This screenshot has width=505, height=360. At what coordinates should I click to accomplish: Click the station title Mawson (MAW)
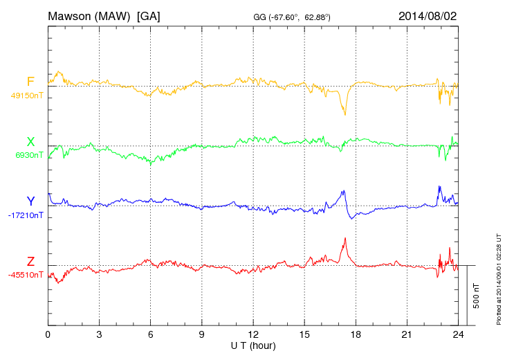(x=90, y=15)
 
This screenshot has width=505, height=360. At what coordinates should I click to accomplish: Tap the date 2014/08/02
(x=428, y=15)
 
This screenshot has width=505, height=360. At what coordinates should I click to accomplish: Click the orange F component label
(x=30, y=82)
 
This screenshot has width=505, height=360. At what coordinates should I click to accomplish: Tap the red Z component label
(x=30, y=262)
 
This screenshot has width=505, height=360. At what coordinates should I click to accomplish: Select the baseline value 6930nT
(x=29, y=155)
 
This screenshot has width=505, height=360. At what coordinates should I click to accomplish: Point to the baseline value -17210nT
(x=26, y=215)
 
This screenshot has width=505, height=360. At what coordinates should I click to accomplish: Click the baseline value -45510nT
(x=26, y=275)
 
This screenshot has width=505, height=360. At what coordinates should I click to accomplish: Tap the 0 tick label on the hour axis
(x=48, y=334)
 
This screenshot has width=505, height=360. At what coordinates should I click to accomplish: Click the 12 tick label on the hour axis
(x=253, y=334)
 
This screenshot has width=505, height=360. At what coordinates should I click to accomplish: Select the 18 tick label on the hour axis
(x=356, y=334)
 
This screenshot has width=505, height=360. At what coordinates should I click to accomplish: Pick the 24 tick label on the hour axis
(x=458, y=334)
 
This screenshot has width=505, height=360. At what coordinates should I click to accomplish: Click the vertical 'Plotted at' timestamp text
(x=498, y=277)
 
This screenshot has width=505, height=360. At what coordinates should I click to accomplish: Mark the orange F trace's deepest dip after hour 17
(x=344, y=114)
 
